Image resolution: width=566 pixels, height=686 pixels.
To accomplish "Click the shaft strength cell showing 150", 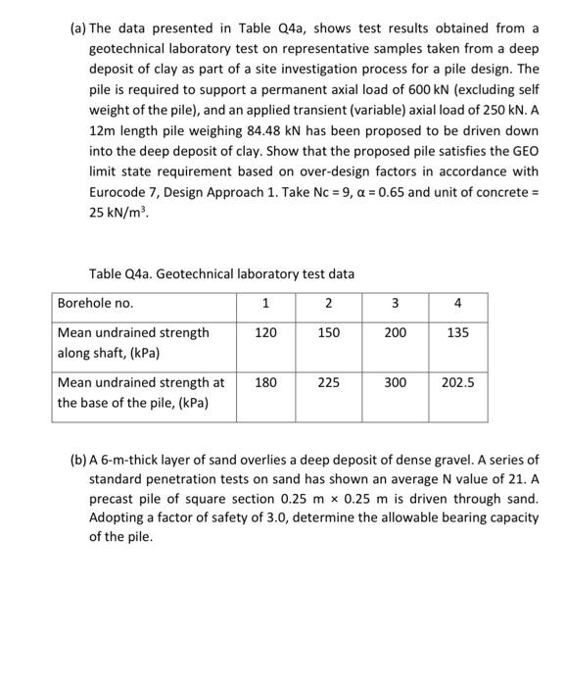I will pos(329,333).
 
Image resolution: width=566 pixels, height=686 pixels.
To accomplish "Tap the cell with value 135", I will pos(457,333).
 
